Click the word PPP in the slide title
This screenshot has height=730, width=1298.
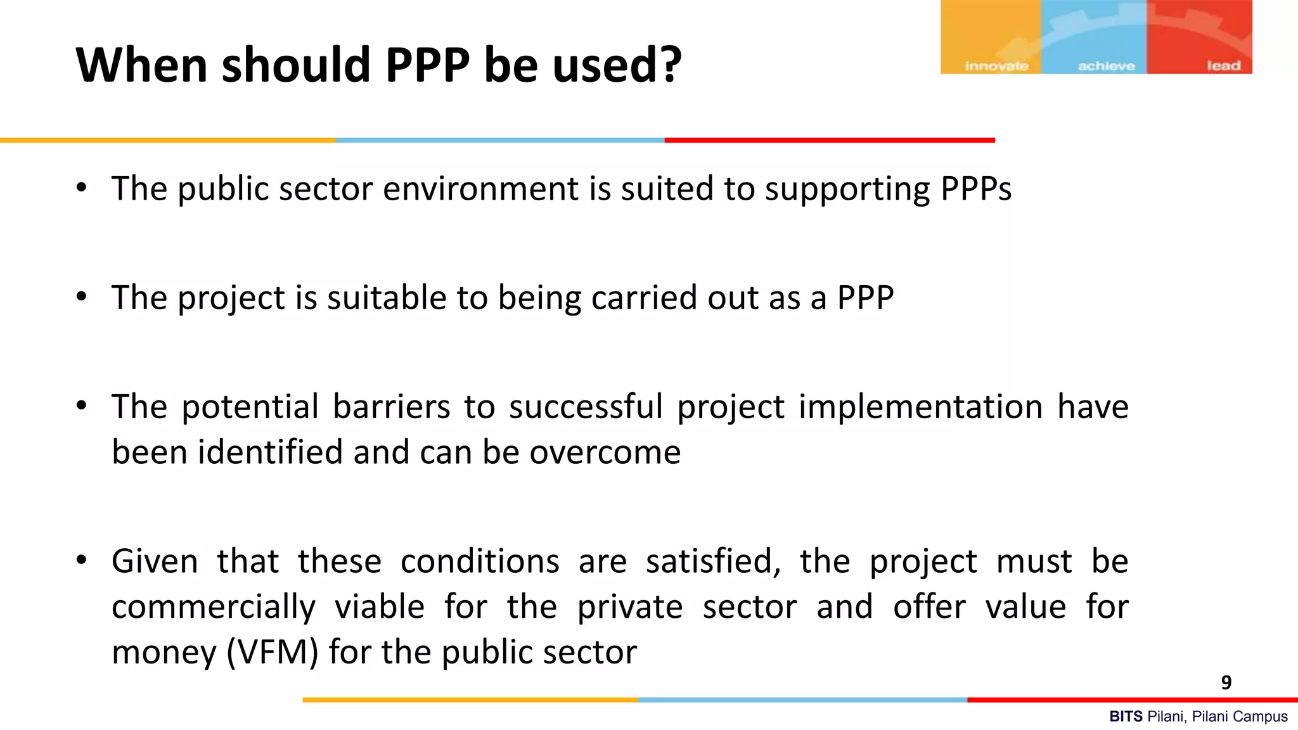[x=428, y=65]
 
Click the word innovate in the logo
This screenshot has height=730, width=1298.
[x=996, y=66]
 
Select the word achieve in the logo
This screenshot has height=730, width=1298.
[x=1106, y=66]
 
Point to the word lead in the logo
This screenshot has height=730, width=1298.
[x=1223, y=65]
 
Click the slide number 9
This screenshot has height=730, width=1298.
[x=1226, y=682]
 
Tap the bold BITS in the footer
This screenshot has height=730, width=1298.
[x=1126, y=717]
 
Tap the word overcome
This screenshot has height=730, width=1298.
[x=605, y=452]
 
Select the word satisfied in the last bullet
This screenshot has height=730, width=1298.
[x=713, y=561]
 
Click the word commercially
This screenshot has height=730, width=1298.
[x=213, y=607]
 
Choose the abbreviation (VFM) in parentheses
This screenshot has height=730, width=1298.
[x=272, y=652]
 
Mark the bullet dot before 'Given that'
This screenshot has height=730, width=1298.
[x=81, y=560]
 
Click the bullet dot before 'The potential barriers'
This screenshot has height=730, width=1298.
[x=81, y=406]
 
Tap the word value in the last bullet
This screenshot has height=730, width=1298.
[x=1025, y=607]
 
